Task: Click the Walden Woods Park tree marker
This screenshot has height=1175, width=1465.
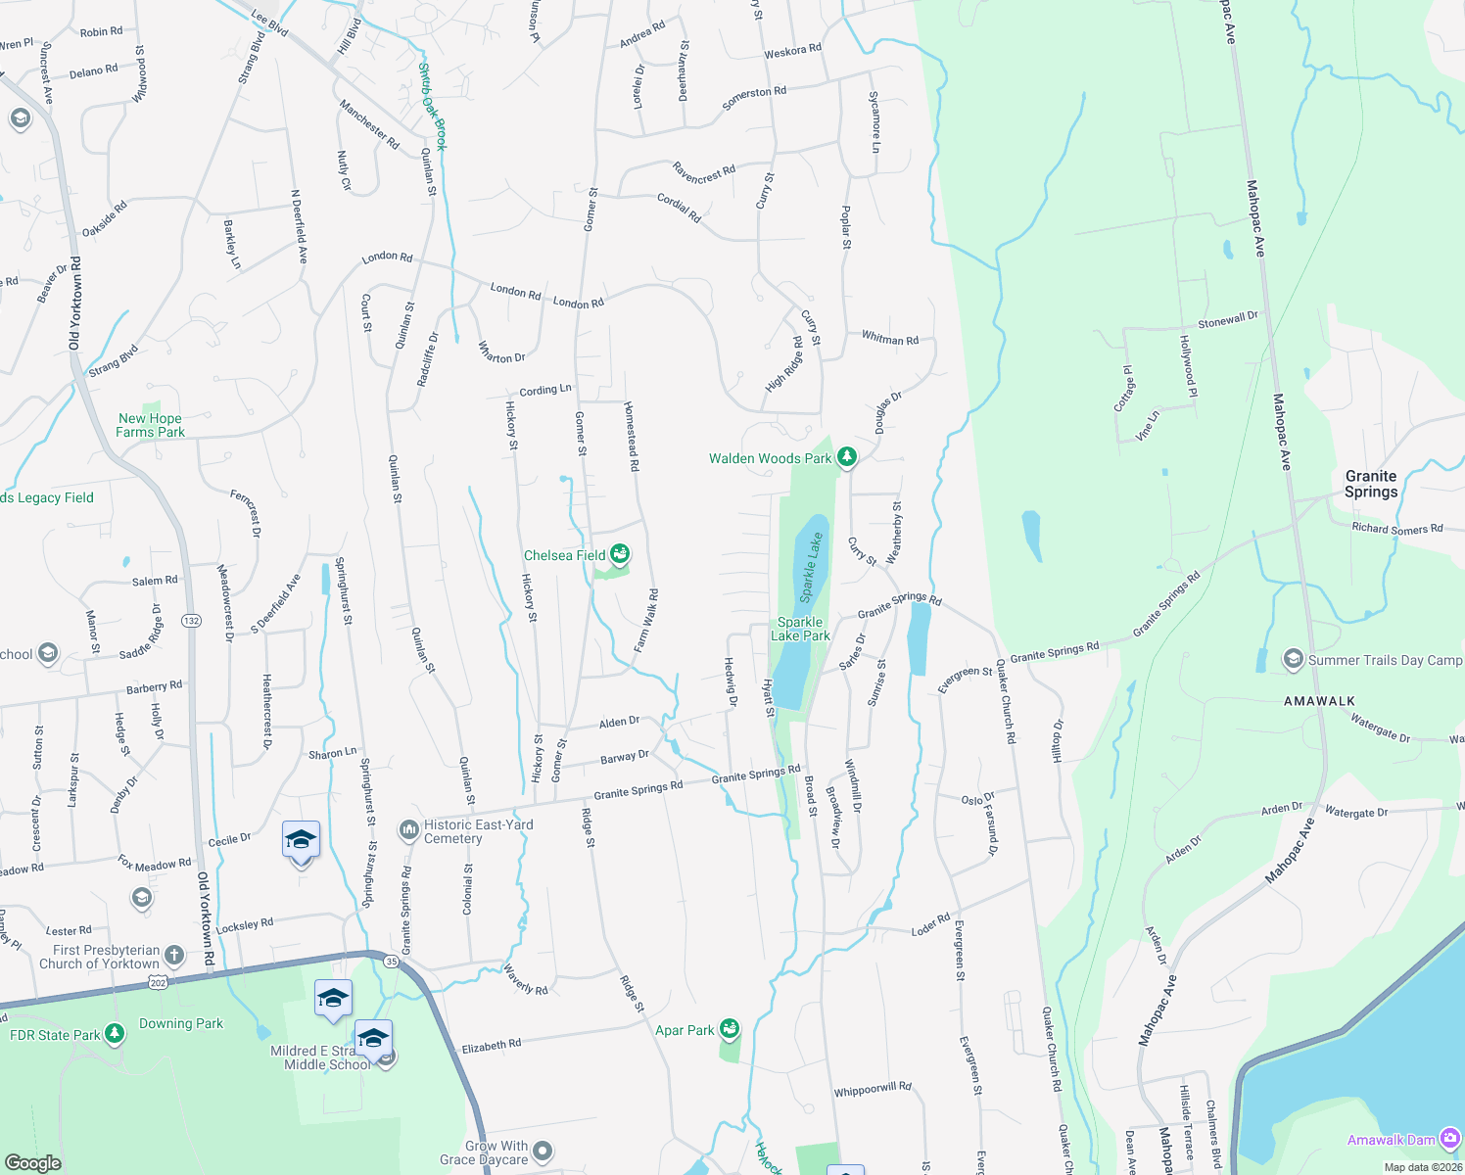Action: [x=847, y=457]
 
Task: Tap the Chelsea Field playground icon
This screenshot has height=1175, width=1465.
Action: [x=619, y=555]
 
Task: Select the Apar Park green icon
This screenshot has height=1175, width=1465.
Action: [x=729, y=1029]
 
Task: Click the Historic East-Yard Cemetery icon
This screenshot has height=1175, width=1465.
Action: [x=408, y=831]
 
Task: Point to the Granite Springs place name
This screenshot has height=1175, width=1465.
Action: [x=1370, y=484]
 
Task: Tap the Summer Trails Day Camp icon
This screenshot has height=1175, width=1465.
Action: [x=1293, y=660]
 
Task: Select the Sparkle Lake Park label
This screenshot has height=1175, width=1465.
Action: [x=800, y=629]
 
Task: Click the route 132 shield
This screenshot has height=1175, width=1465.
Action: [x=191, y=621]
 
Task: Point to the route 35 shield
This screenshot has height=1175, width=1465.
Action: [x=392, y=962]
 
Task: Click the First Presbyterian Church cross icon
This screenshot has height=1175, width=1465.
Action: [x=173, y=956]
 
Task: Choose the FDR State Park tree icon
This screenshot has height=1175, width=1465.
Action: [x=115, y=1034]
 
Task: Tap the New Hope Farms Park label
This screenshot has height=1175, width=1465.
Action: [x=151, y=425]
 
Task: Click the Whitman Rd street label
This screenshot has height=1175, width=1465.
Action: [x=890, y=339]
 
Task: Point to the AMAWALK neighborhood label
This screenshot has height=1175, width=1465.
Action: [x=1319, y=701]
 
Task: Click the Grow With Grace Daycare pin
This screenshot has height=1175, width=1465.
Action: [x=543, y=1151]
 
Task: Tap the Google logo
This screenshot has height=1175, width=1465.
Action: [x=32, y=1162]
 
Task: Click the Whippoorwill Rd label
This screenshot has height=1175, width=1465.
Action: [x=872, y=1089]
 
